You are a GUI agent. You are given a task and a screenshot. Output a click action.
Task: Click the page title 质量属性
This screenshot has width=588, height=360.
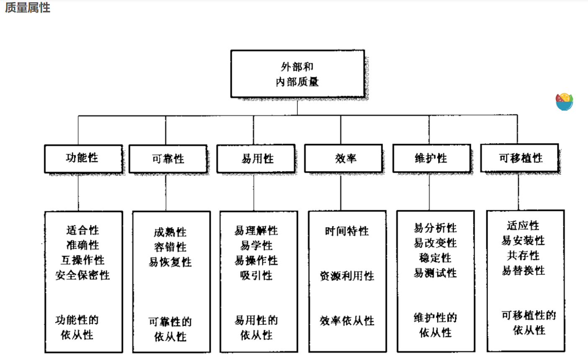(x=28, y=8)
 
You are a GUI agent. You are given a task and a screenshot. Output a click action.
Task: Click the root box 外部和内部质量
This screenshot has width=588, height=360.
(x=298, y=74)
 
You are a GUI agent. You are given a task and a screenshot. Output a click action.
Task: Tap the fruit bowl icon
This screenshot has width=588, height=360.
(x=564, y=102)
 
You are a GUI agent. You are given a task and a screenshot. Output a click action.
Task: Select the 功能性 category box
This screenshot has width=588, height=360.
(x=83, y=159)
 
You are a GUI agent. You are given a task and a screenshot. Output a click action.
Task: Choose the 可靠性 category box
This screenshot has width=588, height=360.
(x=168, y=159)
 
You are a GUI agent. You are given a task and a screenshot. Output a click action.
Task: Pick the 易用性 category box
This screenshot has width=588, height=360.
(x=256, y=159)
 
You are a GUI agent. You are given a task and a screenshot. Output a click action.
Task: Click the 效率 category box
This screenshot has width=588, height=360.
(x=343, y=158)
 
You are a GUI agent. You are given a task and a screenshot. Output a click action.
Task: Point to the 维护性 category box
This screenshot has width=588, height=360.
(x=432, y=158)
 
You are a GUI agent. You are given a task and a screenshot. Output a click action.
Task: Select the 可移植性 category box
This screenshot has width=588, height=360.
(x=519, y=158)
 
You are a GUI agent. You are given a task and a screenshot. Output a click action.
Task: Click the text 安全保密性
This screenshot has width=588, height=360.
(x=82, y=275)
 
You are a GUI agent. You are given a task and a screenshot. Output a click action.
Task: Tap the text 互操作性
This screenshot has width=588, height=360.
(x=82, y=260)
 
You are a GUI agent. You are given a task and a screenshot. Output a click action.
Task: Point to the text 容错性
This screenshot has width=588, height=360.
(x=170, y=247)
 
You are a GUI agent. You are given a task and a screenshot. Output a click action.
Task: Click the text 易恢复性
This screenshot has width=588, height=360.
(x=170, y=262)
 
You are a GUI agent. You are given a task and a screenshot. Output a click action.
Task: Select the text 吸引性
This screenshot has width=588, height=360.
(x=256, y=275)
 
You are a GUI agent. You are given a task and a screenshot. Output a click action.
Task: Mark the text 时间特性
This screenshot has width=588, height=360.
(x=347, y=231)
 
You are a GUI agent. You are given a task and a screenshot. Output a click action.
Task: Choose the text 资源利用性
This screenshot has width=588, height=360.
(x=347, y=276)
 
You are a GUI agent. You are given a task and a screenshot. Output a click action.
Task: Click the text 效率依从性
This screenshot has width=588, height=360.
(x=347, y=321)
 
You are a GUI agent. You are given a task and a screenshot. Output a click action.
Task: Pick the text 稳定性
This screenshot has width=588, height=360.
(x=435, y=258)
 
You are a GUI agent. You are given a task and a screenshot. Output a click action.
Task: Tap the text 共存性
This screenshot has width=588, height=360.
(x=523, y=255)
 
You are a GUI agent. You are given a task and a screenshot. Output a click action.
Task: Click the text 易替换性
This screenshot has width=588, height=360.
(x=523, y=270)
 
